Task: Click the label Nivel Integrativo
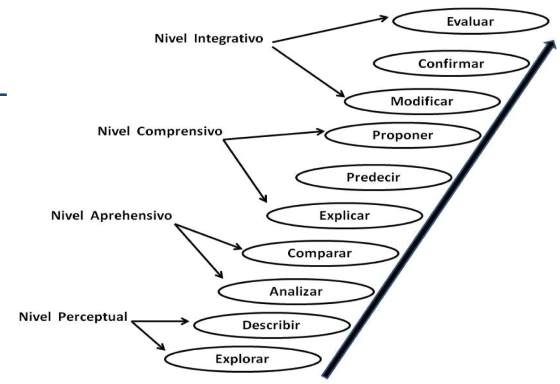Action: (x=209, y=39)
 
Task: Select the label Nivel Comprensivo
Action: (x=160, y=131)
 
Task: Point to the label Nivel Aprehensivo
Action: (x=112, y=216)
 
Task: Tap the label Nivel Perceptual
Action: (x=73, y=317)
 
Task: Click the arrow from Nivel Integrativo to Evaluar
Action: (x=330, y=30)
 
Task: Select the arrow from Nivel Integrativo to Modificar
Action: (x=308, y=72)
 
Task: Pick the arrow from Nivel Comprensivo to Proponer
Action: (x=274, y=135)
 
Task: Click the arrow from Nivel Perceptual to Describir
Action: (x=160, y=321)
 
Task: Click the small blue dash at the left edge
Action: (x=3, y=94)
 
